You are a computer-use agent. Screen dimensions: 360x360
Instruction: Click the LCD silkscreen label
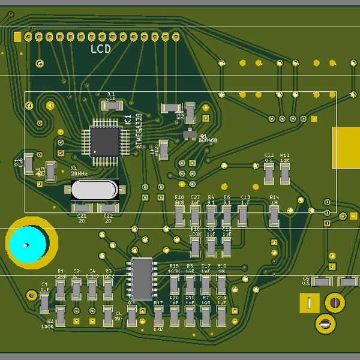(x=100, y=49)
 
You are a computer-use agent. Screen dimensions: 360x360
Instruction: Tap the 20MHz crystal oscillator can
(x=95, y=190)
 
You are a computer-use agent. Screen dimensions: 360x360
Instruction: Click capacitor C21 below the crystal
(x=80, y=208)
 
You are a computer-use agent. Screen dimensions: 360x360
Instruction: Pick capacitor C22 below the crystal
(x=108, y=208)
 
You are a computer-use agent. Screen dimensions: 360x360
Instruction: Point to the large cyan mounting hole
(x=27, y=245)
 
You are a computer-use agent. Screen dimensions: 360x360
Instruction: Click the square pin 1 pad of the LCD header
(x=18, y=37)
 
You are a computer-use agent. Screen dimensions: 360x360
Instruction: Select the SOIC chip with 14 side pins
(x=142, y=278)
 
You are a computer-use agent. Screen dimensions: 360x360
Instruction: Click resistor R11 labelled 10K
(x=285, y=173)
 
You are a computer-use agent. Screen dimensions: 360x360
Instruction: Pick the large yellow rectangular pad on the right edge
(x=347, y=148)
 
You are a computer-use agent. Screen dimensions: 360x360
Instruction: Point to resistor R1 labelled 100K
(x=61, y=290)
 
